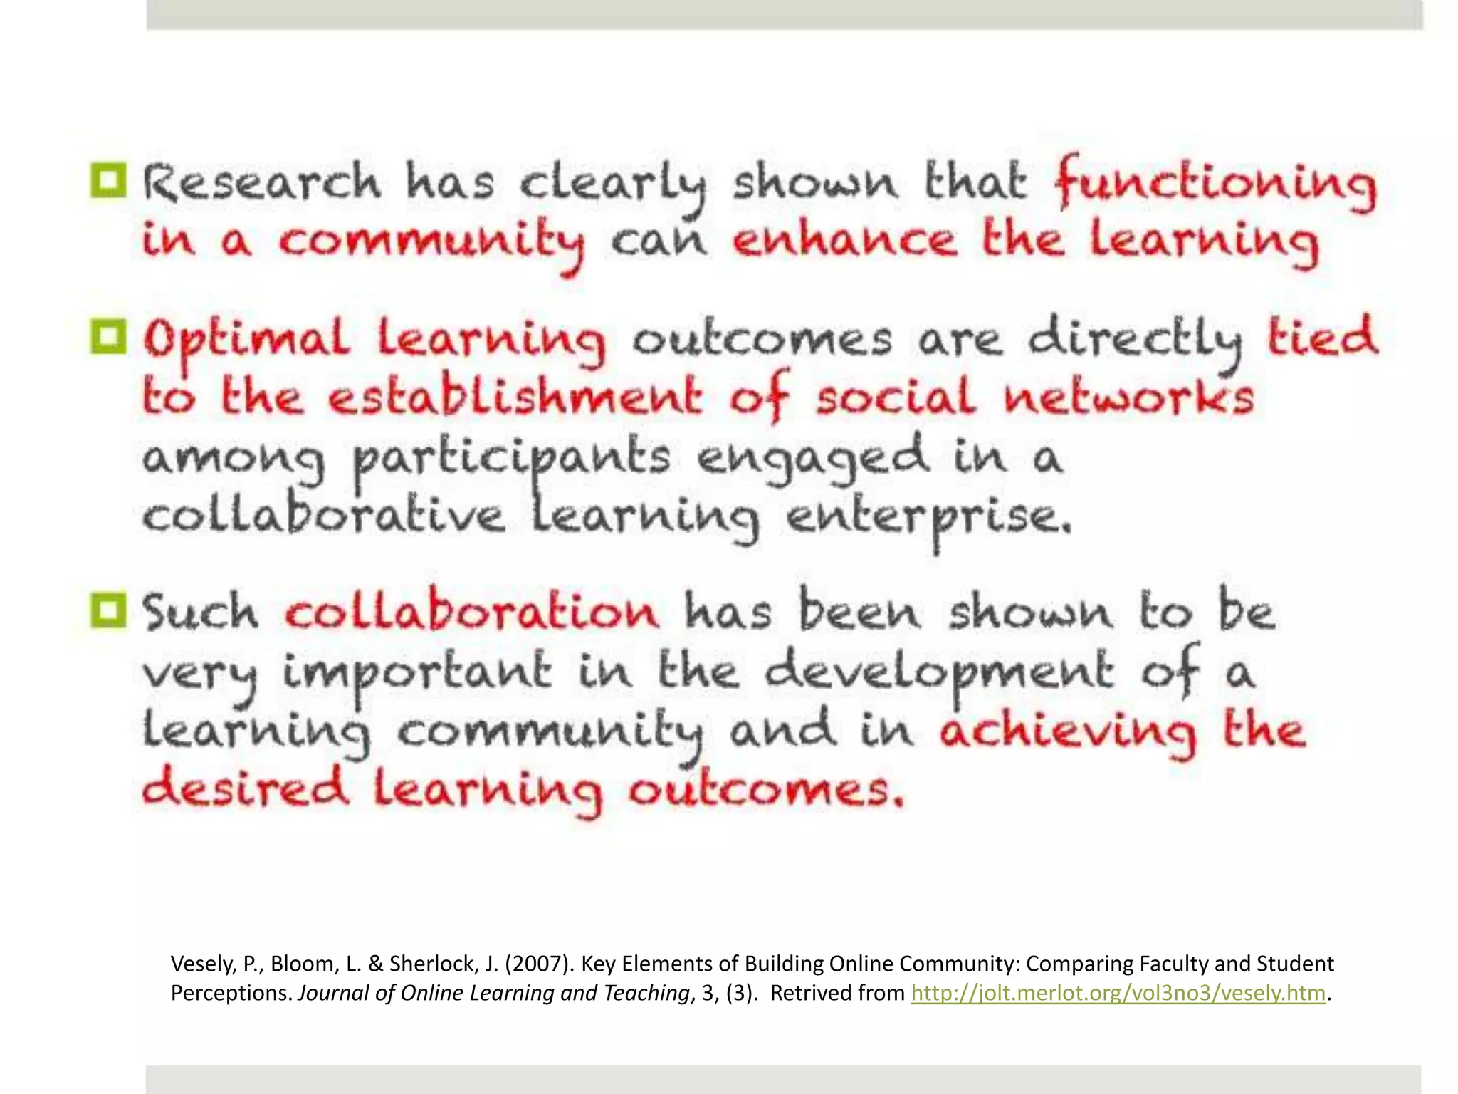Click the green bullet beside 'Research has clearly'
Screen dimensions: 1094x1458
(108, 180)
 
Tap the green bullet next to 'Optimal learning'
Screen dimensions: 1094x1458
(108, 336)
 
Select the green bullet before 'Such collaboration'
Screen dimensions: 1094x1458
(108, 610)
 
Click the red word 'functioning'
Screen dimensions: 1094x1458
(1215, 184)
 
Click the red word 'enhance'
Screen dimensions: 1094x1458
(844, 240)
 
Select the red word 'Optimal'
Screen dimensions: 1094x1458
(246, 340)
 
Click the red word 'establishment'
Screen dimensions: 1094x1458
(515, 396)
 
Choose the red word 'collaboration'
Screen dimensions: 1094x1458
(471, 613)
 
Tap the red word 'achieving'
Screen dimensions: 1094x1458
(1067, 731)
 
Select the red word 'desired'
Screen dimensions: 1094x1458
(245, 789)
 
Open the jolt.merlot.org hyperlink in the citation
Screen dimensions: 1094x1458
(1118, 993)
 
